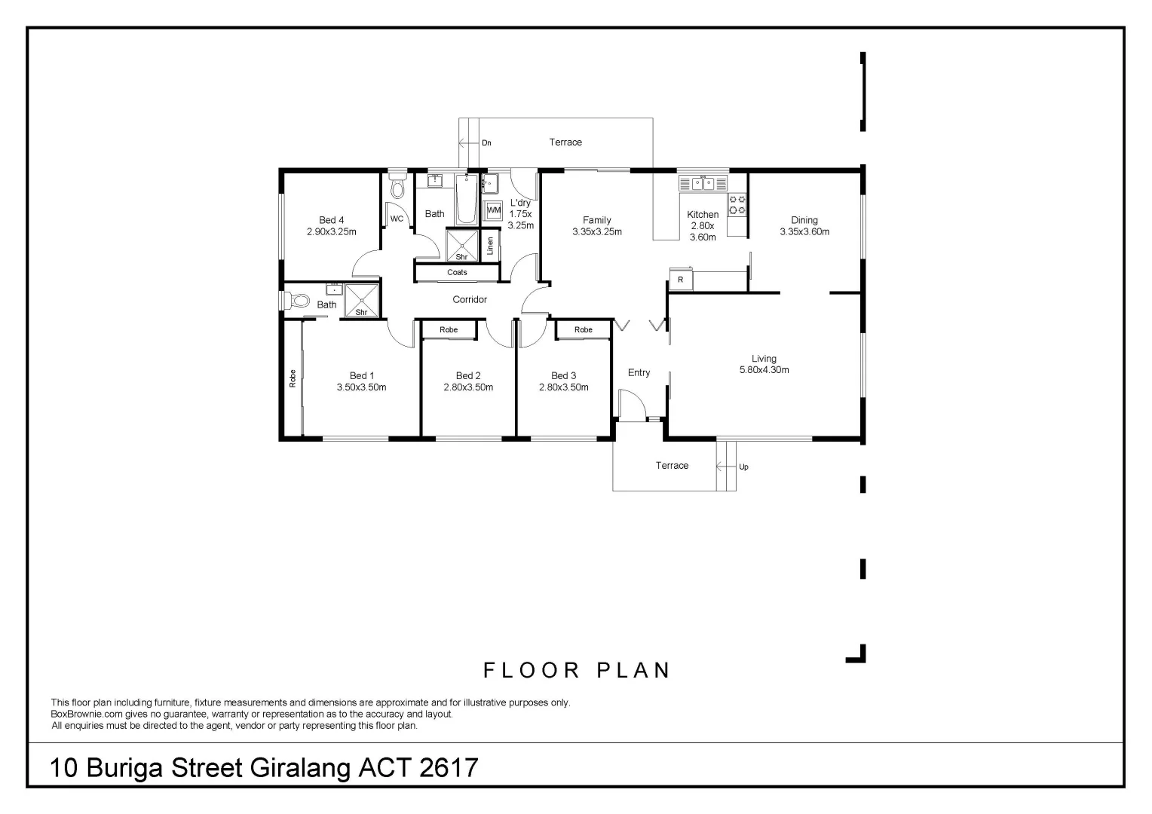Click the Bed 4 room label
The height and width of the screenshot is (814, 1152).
click(x=331, y=220)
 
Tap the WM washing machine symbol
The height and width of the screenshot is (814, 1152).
click(x=493, y=210)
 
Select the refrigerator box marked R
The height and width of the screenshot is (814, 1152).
click(x=680, y=280)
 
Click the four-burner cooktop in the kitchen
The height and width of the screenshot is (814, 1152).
click(x=737, y=204)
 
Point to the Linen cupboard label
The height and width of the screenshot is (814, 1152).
click(x=490, y=246)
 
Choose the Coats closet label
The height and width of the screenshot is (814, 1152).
click(x=457, y=272)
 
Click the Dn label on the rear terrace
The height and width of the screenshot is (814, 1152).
click(x=486, y=142)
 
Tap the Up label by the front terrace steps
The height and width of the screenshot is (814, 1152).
click(x=743, y=467)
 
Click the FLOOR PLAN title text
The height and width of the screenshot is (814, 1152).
click(x=577, y=670)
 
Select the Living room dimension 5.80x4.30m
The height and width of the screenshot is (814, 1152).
click(x=764, y=370)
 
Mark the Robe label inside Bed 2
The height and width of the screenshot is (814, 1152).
click(x=449, y=329)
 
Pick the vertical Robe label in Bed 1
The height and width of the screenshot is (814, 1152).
click(x=293, y=378)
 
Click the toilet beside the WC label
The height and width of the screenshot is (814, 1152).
click(x=397, y=188)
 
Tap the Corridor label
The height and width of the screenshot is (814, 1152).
click(x=470, y=299)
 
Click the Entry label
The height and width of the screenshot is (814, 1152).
click(x=639, y=372)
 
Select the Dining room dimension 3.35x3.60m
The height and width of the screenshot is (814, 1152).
click(x=804, y=232)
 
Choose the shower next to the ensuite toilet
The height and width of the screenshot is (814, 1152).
click(x=361, y=301)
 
